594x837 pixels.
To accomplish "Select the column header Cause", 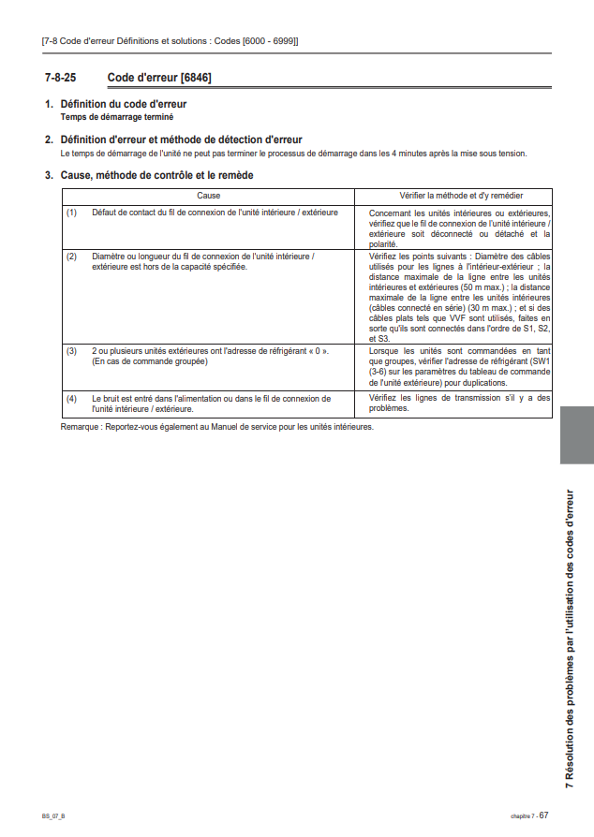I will pos(208,196).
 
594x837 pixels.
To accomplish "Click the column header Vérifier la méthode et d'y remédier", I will pos(453,196).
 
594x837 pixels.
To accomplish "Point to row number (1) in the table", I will pos(71,213).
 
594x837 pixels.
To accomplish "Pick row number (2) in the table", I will pos(71,256).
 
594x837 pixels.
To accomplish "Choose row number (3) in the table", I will pos(71,350).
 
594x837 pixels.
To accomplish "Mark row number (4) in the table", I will pos(71,398).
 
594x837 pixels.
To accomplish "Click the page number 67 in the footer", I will pos(543,815).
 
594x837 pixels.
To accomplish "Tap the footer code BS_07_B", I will pos(53,816).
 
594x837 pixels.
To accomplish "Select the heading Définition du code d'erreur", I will pos(123,104).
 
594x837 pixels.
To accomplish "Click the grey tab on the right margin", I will pos(576,434).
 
